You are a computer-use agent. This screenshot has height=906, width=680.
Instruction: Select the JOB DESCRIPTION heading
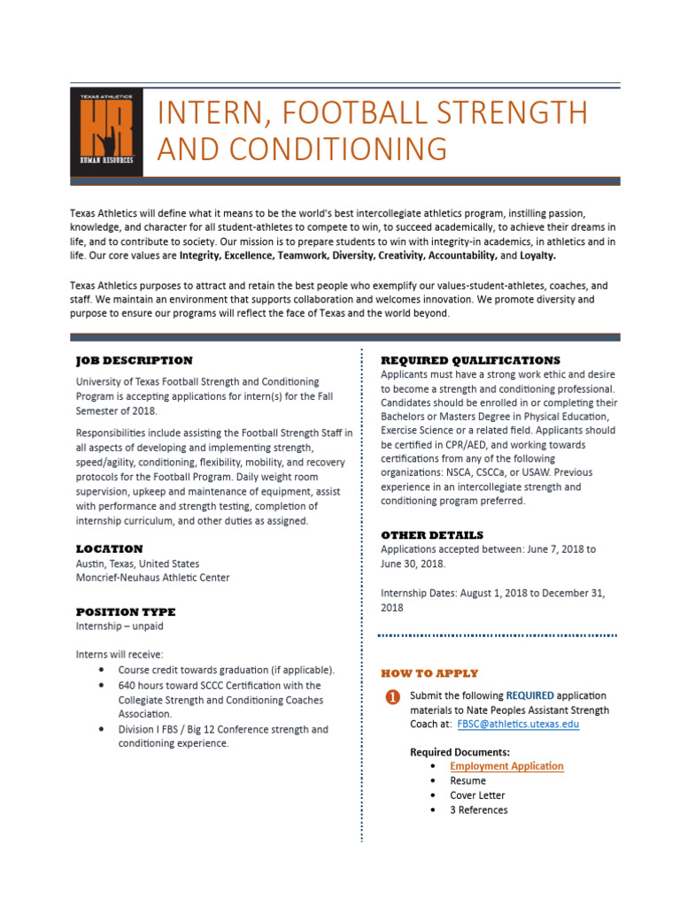click(x=134, y=360)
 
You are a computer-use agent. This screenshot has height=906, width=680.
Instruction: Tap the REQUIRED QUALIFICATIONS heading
click(x=470, y=360)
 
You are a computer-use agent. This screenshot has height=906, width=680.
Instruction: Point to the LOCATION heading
click(x=109, y=549)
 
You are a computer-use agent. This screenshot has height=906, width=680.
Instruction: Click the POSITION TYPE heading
click(x=126, y=611)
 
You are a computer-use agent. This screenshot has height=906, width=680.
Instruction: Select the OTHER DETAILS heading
click(x=432, y=535)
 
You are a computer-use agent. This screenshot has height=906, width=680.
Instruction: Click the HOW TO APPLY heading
click(x=429, y=673)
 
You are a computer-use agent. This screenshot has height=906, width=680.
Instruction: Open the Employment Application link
click(x=506, y=766)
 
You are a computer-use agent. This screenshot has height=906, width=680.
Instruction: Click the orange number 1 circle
click(x=392, y=697)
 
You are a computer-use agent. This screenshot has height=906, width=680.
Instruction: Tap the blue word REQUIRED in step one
click(x=529, y=695)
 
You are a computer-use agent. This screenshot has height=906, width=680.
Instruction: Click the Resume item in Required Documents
click(x=467, y=780)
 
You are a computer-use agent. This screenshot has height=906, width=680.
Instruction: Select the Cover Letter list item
click(x=477, y=795)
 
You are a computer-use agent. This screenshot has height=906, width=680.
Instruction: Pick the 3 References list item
click(x=478, y=810)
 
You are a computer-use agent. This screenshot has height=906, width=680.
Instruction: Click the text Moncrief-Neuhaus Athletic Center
click(x=152, y=578)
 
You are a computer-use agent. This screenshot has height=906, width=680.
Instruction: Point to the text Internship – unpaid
click(x=120, y=626)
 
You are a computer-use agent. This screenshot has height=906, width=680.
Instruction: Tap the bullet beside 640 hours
click(x=104, y=686)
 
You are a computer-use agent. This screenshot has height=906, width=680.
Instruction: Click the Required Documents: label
click(x=460, y=752)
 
